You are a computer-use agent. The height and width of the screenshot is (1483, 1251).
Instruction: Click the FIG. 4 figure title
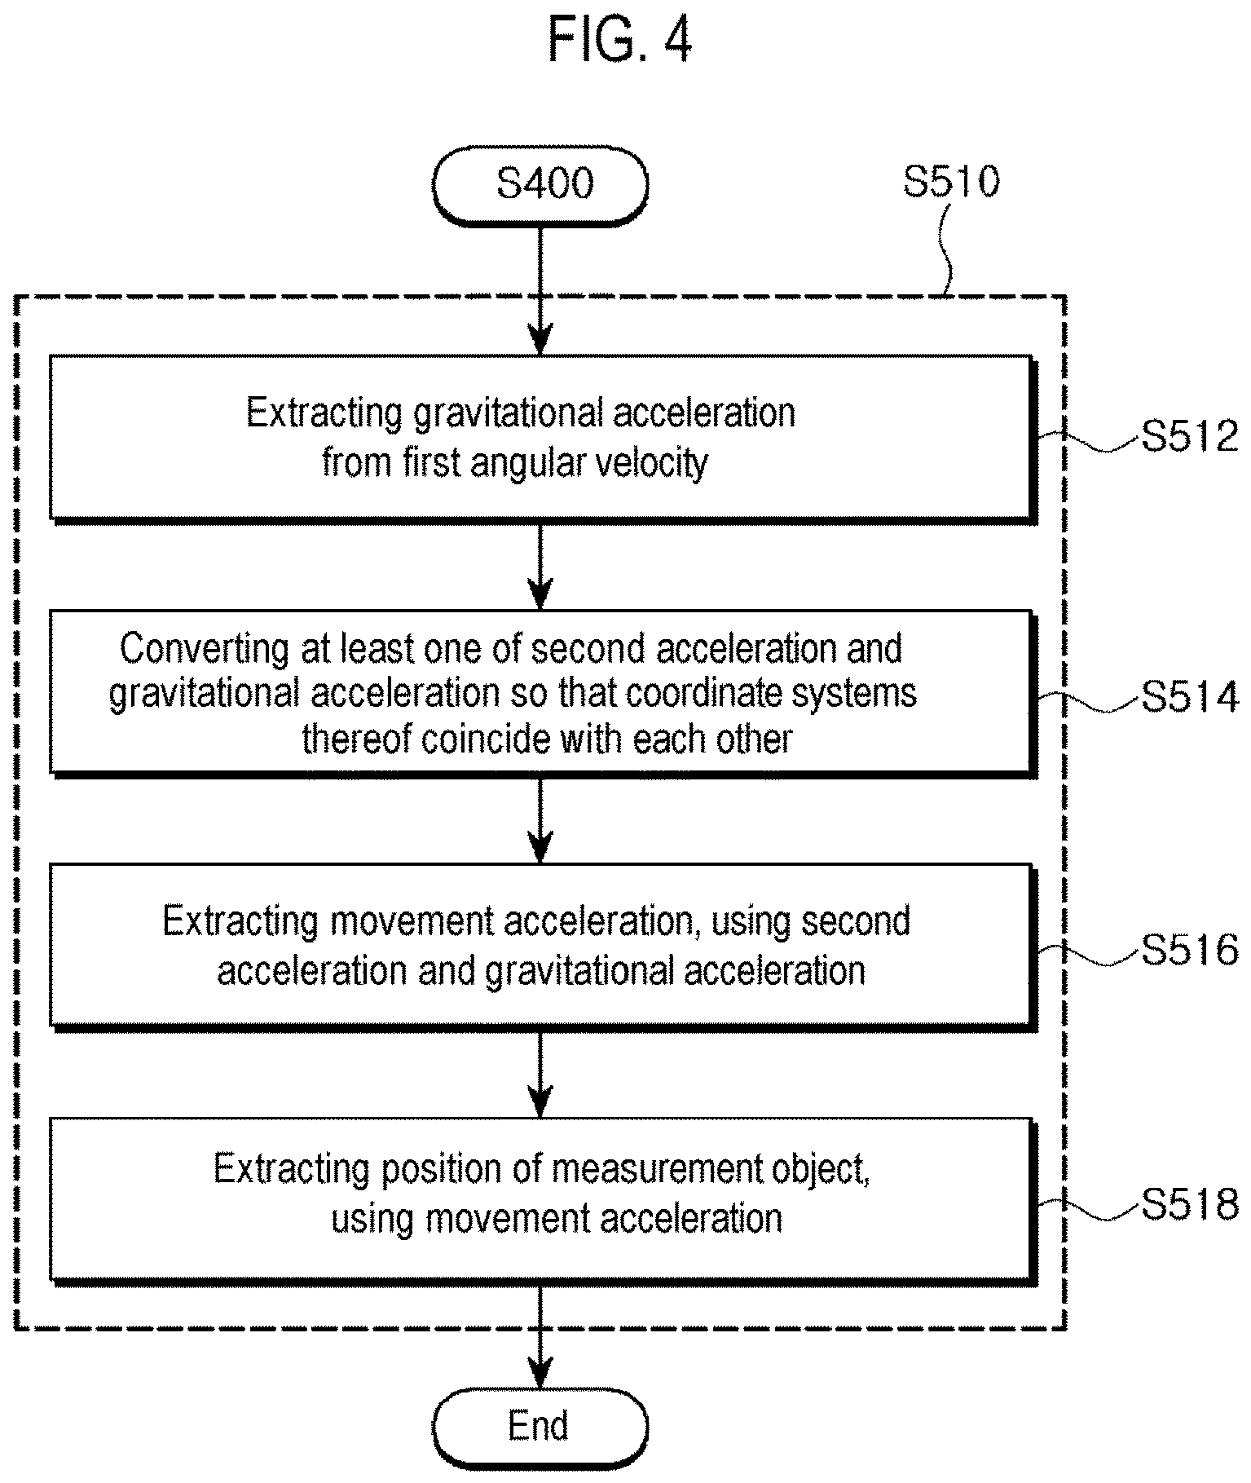(x=620, y=40)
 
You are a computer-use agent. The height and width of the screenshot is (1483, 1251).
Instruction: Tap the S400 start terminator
(x=541, y=186)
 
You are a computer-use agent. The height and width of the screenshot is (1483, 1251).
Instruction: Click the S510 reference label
(x=951, y=182)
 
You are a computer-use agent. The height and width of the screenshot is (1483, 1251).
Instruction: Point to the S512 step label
(x=1189, y=437)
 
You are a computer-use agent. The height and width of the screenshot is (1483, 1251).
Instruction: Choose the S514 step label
(x=1189, y=698)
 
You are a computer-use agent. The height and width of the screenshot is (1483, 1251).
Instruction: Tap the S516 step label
(x=1189, y=951)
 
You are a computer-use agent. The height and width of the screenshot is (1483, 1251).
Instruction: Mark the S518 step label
(x=1189, y=1204)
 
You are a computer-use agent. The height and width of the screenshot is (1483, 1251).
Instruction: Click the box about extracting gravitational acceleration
(x=543, y=438)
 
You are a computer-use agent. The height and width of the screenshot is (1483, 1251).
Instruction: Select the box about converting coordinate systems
(x=543, y=693)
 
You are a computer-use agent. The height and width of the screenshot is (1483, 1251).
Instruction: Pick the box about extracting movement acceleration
(x=543, y=946)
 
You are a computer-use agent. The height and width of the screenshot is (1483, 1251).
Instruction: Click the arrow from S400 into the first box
(x=540, y=290)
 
